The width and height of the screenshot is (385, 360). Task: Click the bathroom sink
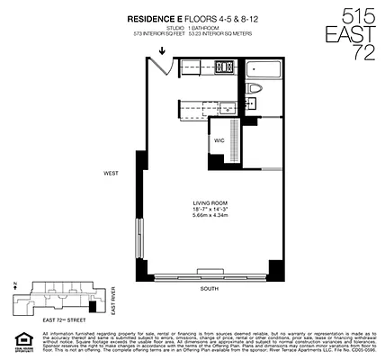[255, 104]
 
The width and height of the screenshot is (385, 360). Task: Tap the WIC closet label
[219, 141]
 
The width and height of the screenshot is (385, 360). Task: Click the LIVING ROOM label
[208, 204]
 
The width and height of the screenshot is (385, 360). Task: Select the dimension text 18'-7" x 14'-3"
[208, 211]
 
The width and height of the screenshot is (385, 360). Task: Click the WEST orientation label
[111, 172]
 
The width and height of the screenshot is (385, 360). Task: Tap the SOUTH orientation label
[210, 290]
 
